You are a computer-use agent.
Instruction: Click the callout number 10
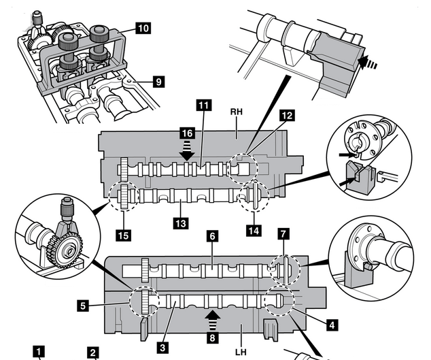(x=143, y=28)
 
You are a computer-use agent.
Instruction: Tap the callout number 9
(x=158, y=82)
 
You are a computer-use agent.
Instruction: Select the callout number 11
(x=204, y=105)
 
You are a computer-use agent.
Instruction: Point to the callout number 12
(x=287, y=115)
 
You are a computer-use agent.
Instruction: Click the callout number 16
(x=188, y=133)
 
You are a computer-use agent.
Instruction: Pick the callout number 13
(x=181, y=223)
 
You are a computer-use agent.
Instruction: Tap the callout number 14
(x=254, y=231)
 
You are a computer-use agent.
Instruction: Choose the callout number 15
(x=124, y=235)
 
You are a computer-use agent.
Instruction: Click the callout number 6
(x=213, y=236)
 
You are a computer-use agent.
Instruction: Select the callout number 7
(x=283, y=234)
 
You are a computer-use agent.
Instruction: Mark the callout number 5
(x=84, y=306)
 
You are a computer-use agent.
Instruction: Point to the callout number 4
(x=332, y=325)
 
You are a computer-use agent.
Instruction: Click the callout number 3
(x=162, y=348)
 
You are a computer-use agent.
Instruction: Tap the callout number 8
(x=212, y=338)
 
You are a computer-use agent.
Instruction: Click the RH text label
(x=236, y=112)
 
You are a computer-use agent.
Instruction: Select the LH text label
(x=241, y=352)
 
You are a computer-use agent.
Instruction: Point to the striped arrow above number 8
(x=213, y=320)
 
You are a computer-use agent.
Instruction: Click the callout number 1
(x=39, y=351)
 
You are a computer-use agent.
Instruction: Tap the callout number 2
(x=93, y=353)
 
